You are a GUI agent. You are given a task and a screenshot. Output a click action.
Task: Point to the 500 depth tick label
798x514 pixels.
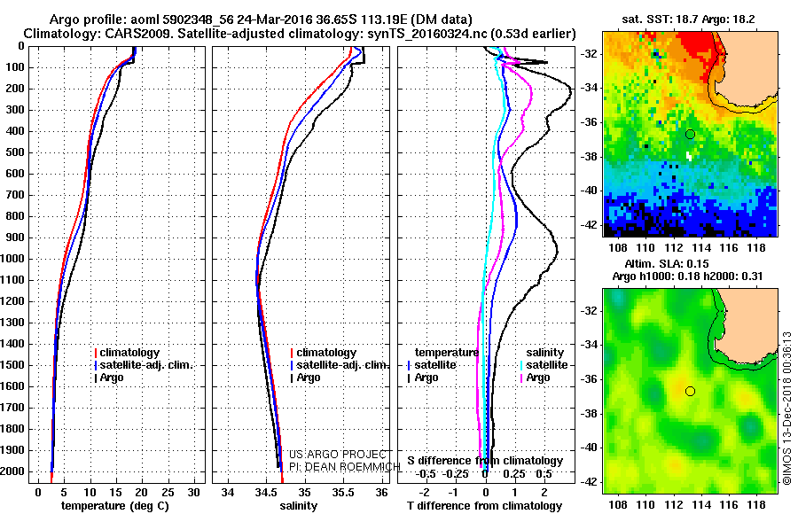[x=15, y=152]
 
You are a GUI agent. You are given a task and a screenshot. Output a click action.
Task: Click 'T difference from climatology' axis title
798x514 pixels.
[x=485, y=506]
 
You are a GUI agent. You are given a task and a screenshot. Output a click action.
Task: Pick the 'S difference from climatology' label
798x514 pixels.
[x=485, y=461]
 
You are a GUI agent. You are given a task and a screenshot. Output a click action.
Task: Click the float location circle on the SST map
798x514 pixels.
[x=690, y=134]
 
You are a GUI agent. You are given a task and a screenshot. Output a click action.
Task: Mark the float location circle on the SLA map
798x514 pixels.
[x=690, y=391]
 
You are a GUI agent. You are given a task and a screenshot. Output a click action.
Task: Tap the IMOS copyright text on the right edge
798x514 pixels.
[x=787, y=409]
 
